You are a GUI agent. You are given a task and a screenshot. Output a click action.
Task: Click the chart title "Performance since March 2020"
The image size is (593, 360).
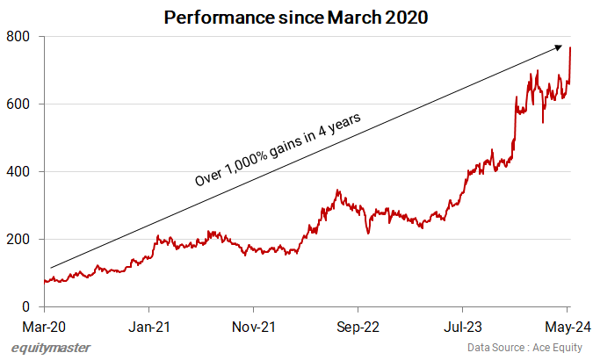click(296, 17)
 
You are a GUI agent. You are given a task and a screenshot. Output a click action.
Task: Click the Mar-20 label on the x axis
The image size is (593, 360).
click(44, 327)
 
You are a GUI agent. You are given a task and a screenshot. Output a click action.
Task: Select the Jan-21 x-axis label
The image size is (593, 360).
click(148, 327)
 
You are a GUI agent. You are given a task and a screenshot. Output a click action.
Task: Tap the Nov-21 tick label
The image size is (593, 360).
click(253, 327)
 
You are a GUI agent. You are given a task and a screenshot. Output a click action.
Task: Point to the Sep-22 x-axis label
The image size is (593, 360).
click(358, 327)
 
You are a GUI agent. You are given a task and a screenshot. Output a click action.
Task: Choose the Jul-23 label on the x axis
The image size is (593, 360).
click(462, 327)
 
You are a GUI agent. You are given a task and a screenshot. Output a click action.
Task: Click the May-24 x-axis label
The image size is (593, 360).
click(567, 327)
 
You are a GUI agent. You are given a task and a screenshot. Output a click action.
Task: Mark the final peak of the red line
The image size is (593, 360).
click(570, 47)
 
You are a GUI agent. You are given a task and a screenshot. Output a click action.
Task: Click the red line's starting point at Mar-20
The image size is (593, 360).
click(45, 281)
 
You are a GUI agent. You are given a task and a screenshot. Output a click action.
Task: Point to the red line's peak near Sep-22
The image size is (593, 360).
click(336, 191)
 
